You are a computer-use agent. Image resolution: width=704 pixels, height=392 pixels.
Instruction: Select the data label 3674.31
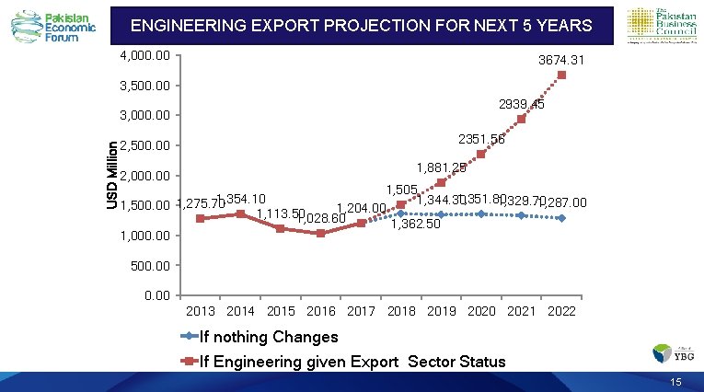tap(561, 61)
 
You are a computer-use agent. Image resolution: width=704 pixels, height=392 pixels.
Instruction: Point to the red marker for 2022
tap(561, 75)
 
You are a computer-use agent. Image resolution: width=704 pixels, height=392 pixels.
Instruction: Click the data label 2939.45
tap(521, 105)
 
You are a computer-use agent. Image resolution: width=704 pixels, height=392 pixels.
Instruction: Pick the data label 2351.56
tap(481, 139)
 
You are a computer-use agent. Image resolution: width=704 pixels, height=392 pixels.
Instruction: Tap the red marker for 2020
tap(481, 154)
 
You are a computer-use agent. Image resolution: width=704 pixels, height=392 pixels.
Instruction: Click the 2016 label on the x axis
tap(321, 311)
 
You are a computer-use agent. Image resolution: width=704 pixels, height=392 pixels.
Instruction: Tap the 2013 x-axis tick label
tap(201, 311)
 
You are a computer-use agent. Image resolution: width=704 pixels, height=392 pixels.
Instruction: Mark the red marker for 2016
tap(320, 234)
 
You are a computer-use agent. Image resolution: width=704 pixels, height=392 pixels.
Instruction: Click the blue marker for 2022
tap(561, 218)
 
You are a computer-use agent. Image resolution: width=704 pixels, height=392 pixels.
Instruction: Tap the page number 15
tap(676, 382)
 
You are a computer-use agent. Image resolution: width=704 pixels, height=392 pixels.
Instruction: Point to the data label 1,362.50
tap(416, 224)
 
